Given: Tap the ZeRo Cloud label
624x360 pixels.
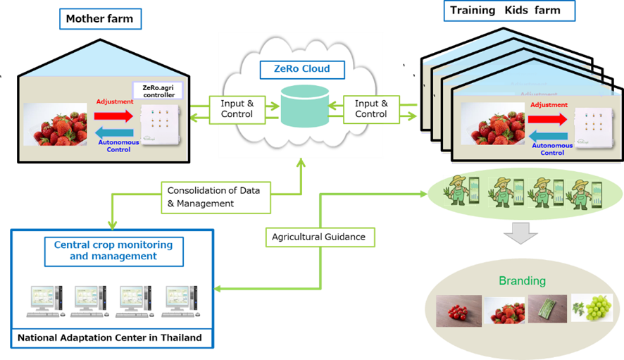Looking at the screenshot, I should (302, 70).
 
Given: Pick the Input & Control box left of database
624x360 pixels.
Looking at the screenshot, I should (237, 109).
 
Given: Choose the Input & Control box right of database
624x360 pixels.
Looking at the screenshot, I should (370, 109).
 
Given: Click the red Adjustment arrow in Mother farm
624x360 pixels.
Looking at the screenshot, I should (115, 114).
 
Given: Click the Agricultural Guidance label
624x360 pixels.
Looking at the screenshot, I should (318, 237).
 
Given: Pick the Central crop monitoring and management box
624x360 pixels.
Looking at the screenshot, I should (113, 251).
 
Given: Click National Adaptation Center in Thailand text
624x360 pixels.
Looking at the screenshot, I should (109, 337).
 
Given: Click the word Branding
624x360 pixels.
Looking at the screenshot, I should (522, 280).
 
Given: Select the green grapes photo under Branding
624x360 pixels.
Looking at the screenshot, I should (591, 308).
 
